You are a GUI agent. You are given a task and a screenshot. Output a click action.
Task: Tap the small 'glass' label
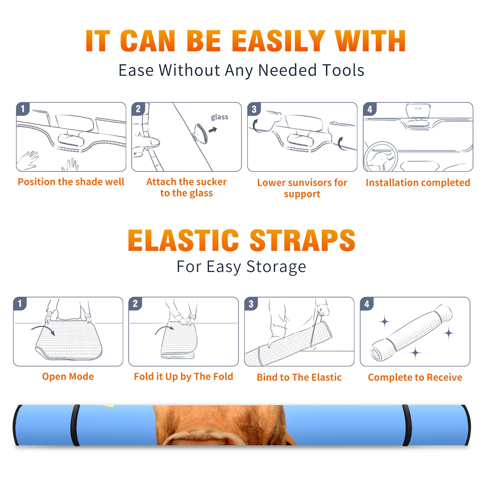pos(219,117)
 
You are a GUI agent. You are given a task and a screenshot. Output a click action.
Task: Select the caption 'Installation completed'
pos(418,183)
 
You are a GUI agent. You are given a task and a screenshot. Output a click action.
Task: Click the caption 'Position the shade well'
pos(71,182)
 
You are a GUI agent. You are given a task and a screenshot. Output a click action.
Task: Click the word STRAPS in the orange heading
pos(302,240)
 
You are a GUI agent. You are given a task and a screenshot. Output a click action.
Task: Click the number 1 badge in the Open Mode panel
pos(20,303)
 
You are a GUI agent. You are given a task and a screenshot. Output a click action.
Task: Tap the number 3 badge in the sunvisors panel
pos(254,109)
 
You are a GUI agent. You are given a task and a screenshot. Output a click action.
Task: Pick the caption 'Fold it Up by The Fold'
pos(184,376)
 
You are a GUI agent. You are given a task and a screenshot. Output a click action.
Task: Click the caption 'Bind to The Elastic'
pos(299,377)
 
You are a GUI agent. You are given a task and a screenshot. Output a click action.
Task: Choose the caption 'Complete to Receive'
pos(415,377)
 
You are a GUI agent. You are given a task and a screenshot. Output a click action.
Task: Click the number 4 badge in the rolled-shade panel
pos(367,304)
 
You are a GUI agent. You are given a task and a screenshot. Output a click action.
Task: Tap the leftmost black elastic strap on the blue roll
pos(75,425)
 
